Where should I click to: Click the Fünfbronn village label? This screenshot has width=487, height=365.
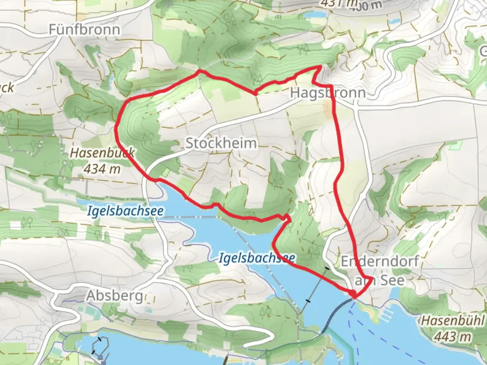tap(84, 30)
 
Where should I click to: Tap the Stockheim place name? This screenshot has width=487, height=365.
tap(221, 143)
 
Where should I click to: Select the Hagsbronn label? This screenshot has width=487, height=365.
tap(328, 93)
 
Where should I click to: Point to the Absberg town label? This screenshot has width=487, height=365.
tap(115, 296)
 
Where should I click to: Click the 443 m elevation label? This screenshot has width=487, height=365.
tap(452, 337)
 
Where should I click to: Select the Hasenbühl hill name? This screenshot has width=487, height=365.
tap(453, 321)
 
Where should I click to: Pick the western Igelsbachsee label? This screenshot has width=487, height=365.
tap(125, 211)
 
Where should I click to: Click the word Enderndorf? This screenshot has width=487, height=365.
tap(379, 261)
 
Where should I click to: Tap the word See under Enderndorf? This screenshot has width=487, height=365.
tap(392, 280)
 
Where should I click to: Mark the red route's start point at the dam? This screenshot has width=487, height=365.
tap(353, 295)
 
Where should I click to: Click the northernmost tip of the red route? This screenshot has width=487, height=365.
tap(320, 67)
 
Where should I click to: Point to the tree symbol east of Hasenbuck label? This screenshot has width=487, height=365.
tap(148, 137)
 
